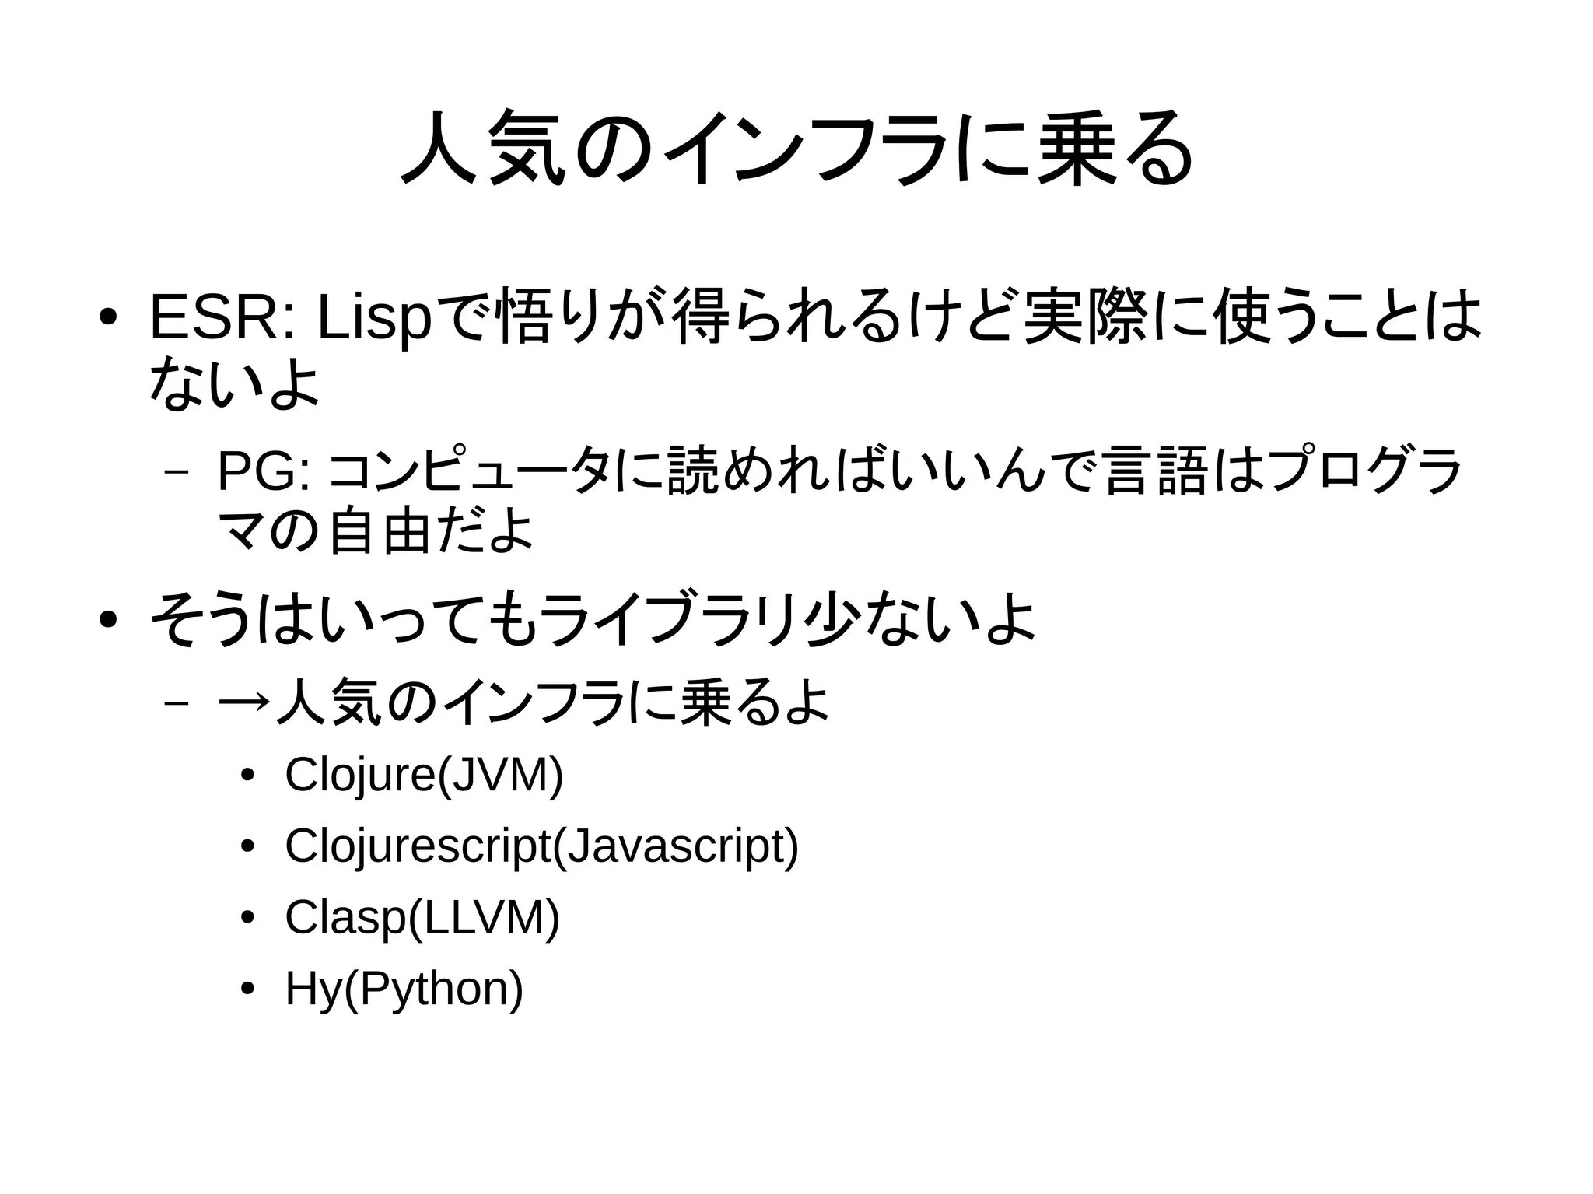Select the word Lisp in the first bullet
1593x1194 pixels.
pyautogui.click(x=373, y=319)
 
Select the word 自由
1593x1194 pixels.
pyautogui.click(x=379, y=533)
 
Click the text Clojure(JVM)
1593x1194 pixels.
pyautogui.click(x=424, y=775)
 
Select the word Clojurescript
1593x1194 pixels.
pyautogui.click(x=418, y=846)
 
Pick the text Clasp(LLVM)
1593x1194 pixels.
pyautogui.click(x=422, y=918)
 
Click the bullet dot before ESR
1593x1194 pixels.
pyautogui.click(x=109, y=318)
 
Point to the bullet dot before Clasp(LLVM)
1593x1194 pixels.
pyautogui.click(x=247, y=919)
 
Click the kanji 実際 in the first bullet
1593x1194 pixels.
pyautogui.click(x=1085, y=318)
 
